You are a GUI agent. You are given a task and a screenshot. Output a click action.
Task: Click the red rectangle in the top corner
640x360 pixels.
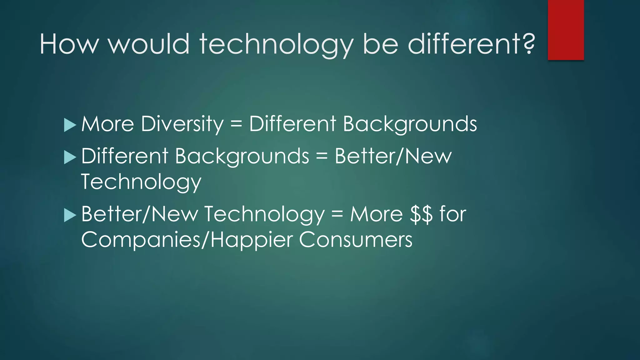coord(566,30)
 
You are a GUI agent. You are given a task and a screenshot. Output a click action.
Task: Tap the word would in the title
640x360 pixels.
coord(149,44)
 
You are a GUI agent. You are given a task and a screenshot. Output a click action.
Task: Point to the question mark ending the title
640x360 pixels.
coord(528,44)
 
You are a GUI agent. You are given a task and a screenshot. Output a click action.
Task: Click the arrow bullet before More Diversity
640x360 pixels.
coord(70,125)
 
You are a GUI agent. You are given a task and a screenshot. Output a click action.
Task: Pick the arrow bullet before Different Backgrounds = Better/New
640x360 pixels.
coord(70,157)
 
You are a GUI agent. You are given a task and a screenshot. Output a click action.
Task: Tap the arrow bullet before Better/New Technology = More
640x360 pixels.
coord(70,215)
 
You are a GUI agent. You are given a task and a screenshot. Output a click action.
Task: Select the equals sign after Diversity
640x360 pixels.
coord(236,124)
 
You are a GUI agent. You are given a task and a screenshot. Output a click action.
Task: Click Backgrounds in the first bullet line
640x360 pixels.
coord(410,124)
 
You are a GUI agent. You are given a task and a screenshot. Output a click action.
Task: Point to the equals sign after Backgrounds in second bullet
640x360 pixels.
coord(322,156)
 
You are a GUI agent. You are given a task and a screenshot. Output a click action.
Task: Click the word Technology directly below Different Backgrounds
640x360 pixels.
coord(141,182)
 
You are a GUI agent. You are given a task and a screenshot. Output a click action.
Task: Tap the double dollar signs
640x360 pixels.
coord(422,214)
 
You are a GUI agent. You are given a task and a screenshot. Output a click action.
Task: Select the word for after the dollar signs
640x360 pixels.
coord(453,214)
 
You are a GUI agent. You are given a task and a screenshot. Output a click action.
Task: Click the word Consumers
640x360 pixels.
coord(356,240)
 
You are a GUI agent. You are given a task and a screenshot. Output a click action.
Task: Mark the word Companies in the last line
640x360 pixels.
coord(141,240)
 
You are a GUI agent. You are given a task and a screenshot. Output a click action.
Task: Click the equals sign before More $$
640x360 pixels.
coord(337,214)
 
